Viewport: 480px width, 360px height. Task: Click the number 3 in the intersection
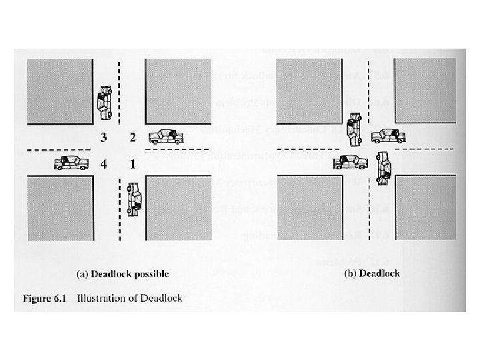coord(103,138)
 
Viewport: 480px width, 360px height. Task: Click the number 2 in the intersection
coord(133,138)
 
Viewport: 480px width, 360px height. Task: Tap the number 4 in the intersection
coord(103,163)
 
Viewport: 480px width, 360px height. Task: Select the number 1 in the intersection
coord(133,163)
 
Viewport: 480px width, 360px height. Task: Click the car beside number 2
coord(166,137)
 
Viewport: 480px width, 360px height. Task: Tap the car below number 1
coord(135,199)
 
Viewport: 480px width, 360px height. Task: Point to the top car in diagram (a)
coord(104,101)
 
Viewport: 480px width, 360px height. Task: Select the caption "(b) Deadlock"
coord(371,273)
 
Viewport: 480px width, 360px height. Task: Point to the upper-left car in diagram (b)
coord(354,128)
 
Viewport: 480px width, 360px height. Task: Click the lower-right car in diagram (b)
coord(383,167)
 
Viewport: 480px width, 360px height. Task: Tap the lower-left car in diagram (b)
coord(349,161)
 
